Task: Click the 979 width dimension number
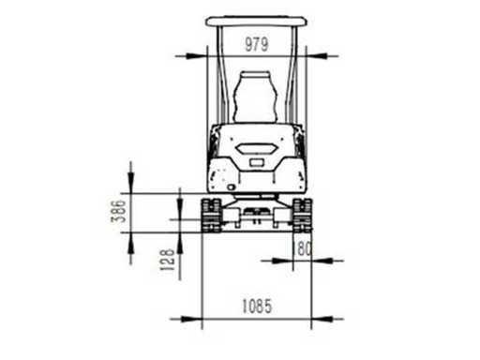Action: [x=256, y=44]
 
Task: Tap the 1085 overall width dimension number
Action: [x=257, y=306]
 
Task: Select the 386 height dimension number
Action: [x=119, y=211]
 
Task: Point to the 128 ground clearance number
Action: [x=167, y=260]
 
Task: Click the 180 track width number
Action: [x=302, y=248]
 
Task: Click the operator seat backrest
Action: [x=256, y=97]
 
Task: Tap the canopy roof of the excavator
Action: [x=256, y=22]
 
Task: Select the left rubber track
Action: [x=211, y=216]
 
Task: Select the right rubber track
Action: [x=302, y=216]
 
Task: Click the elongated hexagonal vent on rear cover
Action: [x=256, y=148]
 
